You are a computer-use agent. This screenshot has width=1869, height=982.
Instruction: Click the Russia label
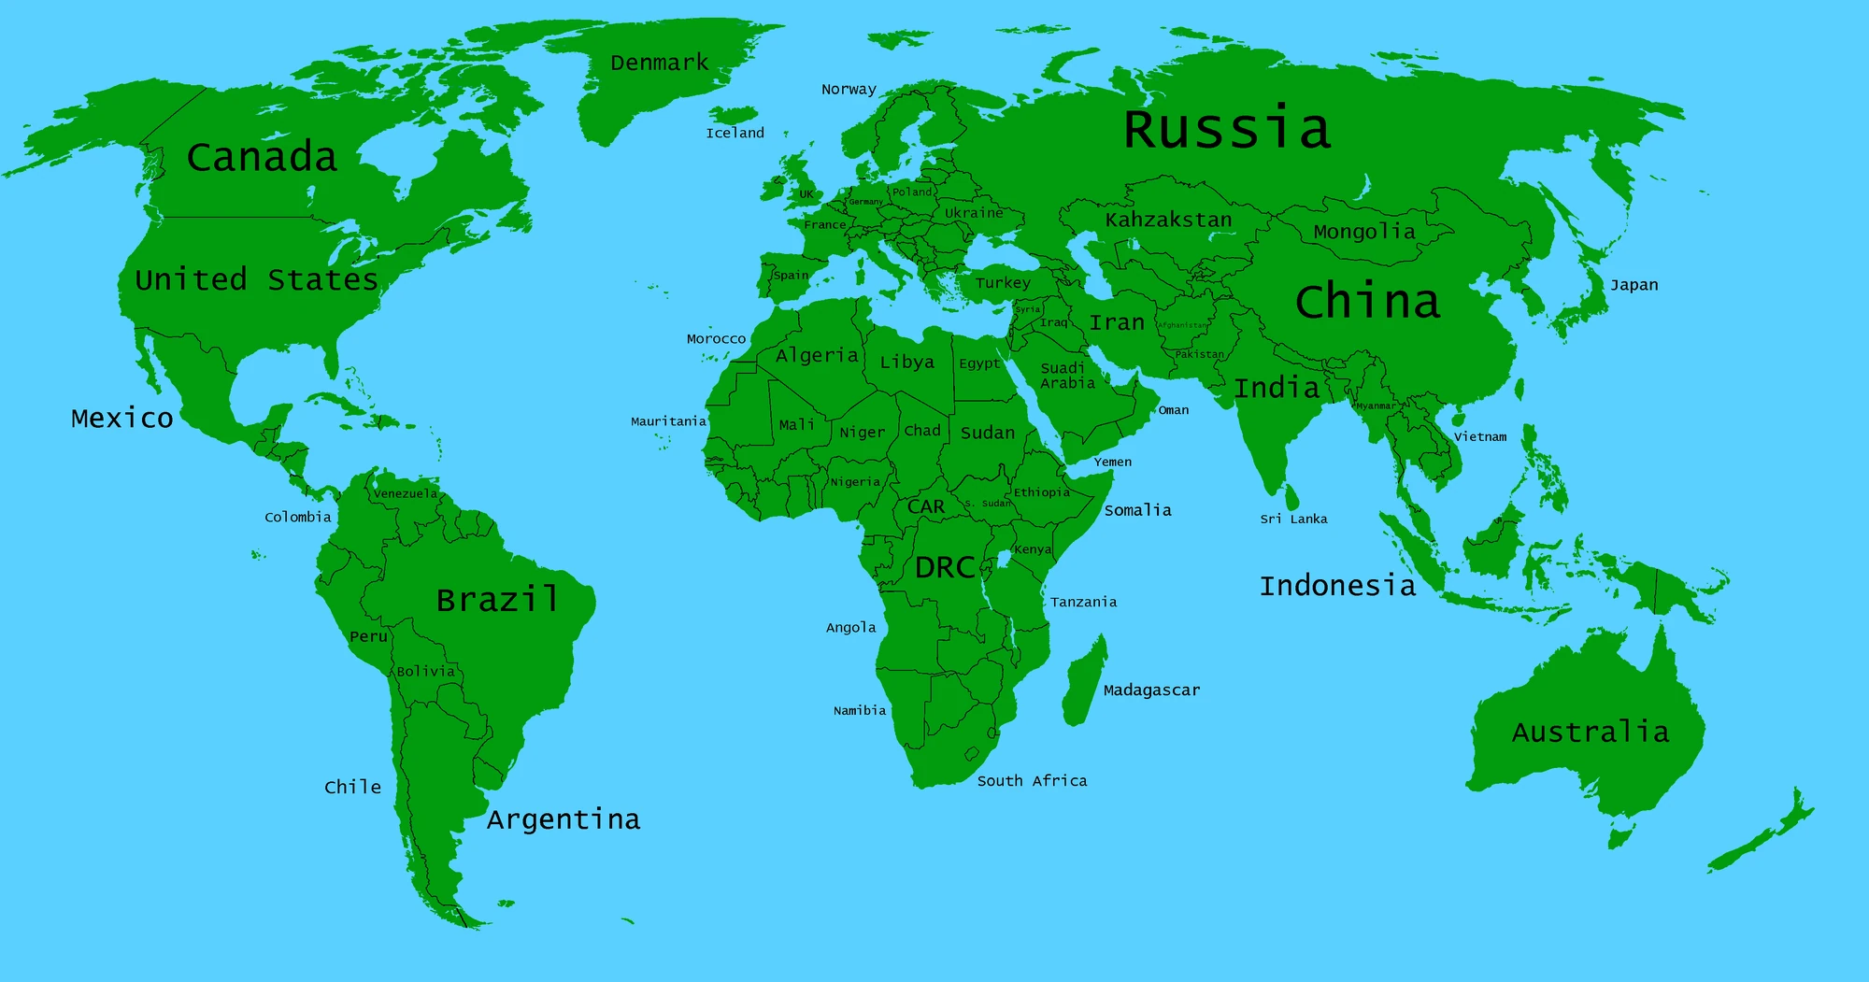[x=1226, y=129]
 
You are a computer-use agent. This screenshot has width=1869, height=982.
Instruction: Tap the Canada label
[x=262, y=157]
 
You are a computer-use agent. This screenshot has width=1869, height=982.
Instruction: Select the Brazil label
[x=497, y=599]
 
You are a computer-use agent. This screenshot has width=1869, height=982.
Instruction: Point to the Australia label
[x=1590, y=732]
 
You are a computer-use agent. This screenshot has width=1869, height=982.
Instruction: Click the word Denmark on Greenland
[x=659, y=63]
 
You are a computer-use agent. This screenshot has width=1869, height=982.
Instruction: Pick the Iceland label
[x=735, y=133]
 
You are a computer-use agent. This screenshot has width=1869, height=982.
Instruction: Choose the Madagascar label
[x=1151, y=690]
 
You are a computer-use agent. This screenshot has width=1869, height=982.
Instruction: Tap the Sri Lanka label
[x=1293, y=519]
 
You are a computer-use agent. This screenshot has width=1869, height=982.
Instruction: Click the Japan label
[x=1634, y=285]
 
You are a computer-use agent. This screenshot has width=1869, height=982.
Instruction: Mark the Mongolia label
[x=1363, y=231]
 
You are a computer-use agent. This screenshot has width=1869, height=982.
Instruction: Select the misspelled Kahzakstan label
[x=1168, y=220]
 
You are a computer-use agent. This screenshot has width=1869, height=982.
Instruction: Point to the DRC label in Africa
[x=945, y=567]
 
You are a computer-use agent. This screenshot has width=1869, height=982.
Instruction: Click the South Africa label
[x=1032, y=780]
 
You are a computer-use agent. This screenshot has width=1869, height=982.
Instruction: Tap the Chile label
[x=352, y=787]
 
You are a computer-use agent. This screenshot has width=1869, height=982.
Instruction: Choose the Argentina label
[x=564, y=819]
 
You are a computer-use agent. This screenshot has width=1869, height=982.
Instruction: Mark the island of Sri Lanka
[x=1292, y=496]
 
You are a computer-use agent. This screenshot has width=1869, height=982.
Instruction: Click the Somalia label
[x=1137, y=509]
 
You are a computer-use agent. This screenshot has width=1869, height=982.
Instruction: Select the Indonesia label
[x=1337, y=586]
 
